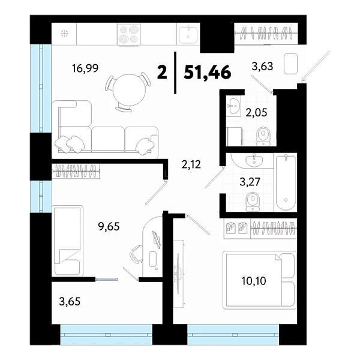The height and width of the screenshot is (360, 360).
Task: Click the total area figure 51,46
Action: click(208, 73)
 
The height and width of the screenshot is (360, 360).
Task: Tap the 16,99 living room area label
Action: click(85, 68)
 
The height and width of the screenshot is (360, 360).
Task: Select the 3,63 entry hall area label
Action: click(262, 66)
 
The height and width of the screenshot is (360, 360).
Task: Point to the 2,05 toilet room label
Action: click(256, 113)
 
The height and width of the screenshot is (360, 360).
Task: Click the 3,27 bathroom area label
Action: click(250, 182)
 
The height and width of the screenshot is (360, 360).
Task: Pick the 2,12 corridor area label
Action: click(191, 164)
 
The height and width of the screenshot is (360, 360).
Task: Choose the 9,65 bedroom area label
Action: click(109, 227)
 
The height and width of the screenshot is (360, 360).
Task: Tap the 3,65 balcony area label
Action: click(70, 301)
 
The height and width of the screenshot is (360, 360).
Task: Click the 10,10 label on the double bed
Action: click(254, 281)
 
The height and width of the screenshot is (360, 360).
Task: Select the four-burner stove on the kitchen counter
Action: click(128, 34)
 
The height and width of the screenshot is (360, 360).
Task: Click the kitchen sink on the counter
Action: click(188, 35)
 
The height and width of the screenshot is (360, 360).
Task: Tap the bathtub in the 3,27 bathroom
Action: click(286, 183)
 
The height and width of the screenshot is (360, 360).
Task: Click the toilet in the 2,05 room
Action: click(263, 136)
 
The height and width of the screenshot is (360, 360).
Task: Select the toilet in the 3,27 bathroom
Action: click(253, 202)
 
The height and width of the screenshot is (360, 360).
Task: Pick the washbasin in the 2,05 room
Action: click(233, 106)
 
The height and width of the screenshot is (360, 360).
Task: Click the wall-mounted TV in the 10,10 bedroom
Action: click(178, 273)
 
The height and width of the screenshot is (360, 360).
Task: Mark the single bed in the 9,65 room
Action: click(67, 241)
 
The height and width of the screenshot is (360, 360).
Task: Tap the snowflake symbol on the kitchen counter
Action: click(65, 34)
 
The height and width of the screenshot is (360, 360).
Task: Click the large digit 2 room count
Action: click(163, 72)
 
